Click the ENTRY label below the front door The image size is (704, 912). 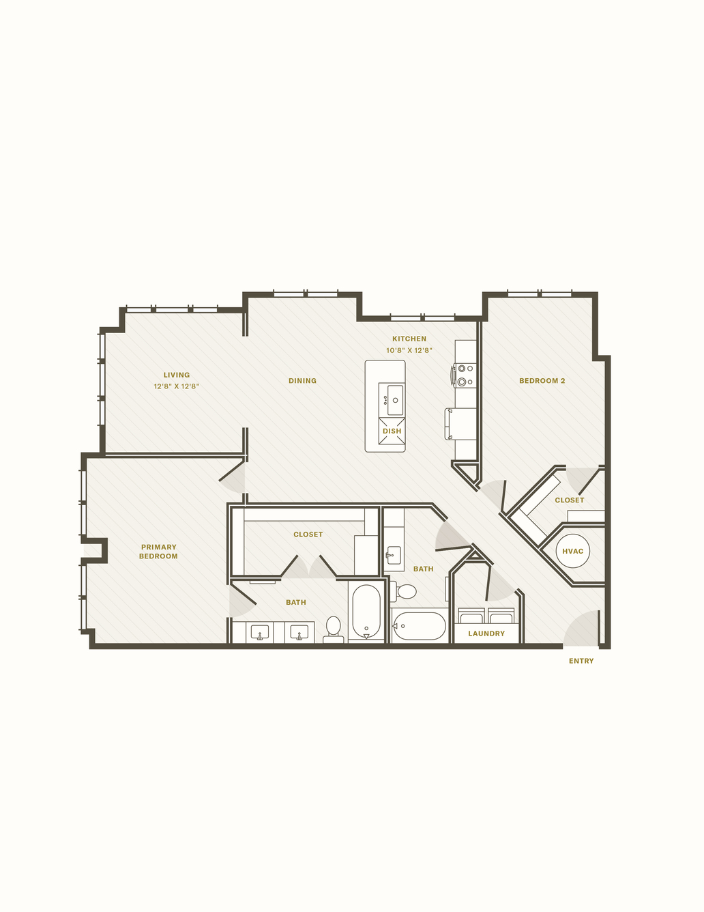point(581,661)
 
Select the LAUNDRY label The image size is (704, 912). point(486,633)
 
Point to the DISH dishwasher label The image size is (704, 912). point(392,431)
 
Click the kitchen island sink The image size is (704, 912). point(394,400)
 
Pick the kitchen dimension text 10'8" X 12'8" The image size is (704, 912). point(409,350)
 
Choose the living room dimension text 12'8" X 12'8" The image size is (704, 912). point(176,386)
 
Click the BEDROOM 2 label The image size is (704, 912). point(542,381)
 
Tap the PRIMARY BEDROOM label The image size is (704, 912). point(158,552)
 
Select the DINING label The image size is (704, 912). point(302,381)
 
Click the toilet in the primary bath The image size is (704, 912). point(334,629)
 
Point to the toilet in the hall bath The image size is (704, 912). point(403,591)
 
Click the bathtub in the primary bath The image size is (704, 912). point(366,612)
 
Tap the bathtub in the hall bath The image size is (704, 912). point(419,626)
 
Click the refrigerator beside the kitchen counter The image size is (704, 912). point(460,424)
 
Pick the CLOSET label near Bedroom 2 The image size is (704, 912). point(569,500)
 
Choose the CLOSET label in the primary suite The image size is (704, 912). point(308,535)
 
